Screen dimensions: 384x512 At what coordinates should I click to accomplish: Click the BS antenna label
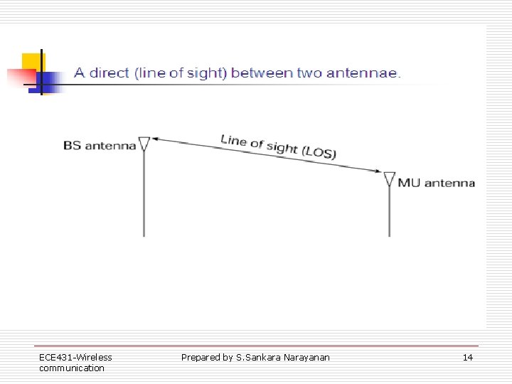99,146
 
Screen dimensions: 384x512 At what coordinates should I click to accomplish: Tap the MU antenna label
436,183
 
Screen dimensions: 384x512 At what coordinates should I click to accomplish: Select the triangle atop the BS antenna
144,144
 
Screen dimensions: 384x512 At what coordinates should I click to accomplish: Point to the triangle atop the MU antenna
389,178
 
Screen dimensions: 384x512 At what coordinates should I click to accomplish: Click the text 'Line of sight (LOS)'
278,146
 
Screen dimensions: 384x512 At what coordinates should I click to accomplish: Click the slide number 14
467,358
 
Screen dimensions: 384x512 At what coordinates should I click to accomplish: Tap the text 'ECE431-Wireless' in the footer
75,357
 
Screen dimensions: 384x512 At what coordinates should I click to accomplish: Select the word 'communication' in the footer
71,368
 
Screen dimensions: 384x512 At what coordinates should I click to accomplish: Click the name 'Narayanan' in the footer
306,357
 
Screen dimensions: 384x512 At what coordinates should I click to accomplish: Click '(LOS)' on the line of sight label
319,152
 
